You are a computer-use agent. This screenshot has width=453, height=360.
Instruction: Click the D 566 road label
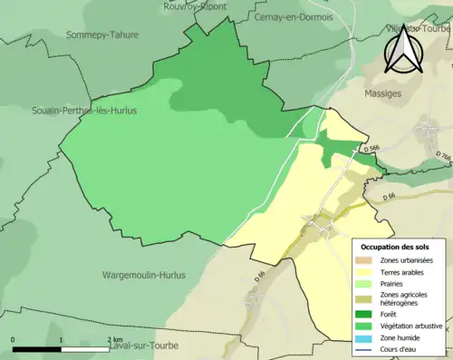pos(369,149)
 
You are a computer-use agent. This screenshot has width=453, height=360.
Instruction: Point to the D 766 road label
pos(442,158)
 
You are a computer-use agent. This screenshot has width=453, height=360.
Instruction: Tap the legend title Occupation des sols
pos(395,247)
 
